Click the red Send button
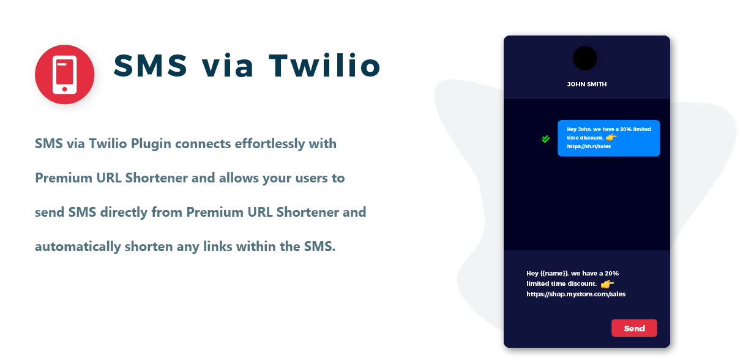634,328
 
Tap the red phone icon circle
65,75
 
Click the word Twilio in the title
325,66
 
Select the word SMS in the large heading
150,66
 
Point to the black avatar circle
585,58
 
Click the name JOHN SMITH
587,84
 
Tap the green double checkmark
546,139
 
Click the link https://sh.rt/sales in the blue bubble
589,146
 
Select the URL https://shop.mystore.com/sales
576,294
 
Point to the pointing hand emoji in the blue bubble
611,137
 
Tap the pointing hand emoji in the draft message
607,284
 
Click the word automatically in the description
78,247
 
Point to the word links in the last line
217,247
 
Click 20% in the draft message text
611,274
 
